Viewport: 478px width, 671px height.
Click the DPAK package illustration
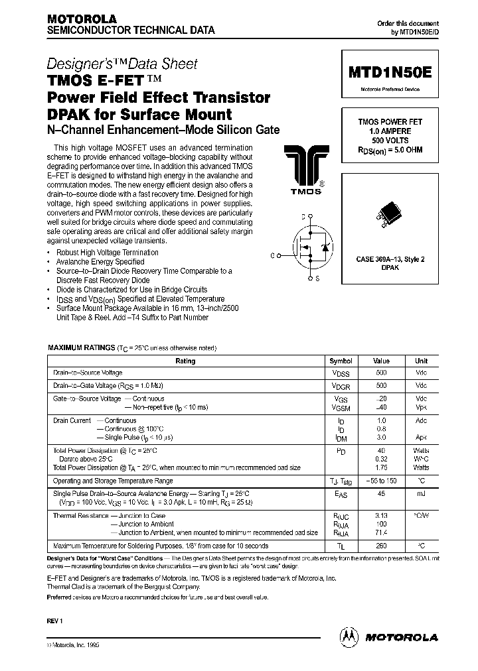(390, 214)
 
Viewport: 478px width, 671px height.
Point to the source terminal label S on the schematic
(317, 279)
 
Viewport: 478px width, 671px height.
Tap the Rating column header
(185, 361)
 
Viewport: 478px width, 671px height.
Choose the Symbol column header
(341, 361)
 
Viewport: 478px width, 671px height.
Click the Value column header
(381, 361)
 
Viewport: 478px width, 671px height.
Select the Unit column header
(421, 361)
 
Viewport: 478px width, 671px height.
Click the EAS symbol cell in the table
(341, 494)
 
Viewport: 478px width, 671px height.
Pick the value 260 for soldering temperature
(381, 546)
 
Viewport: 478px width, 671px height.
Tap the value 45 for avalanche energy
(381, 494)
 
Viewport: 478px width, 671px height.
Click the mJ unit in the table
(421, 494)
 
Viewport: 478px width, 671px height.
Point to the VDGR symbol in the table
(341, 386)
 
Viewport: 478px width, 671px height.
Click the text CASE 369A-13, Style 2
(390, 259)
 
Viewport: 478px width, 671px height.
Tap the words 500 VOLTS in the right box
(390, 141)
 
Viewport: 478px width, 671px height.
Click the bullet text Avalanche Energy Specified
(100, 262)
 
